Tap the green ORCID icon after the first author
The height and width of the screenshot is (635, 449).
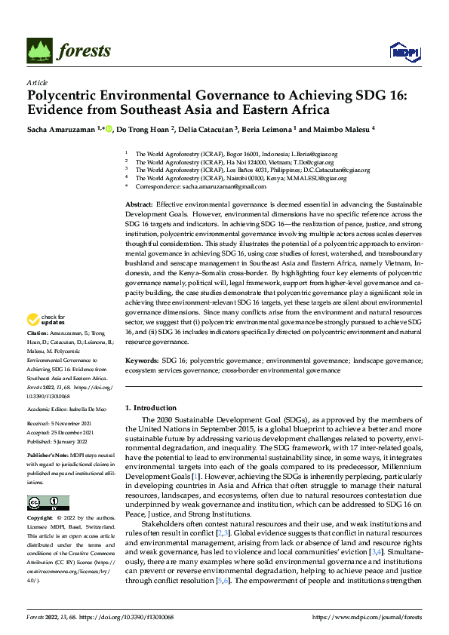click(109, 129)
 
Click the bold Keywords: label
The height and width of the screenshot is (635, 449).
click(142, 362)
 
